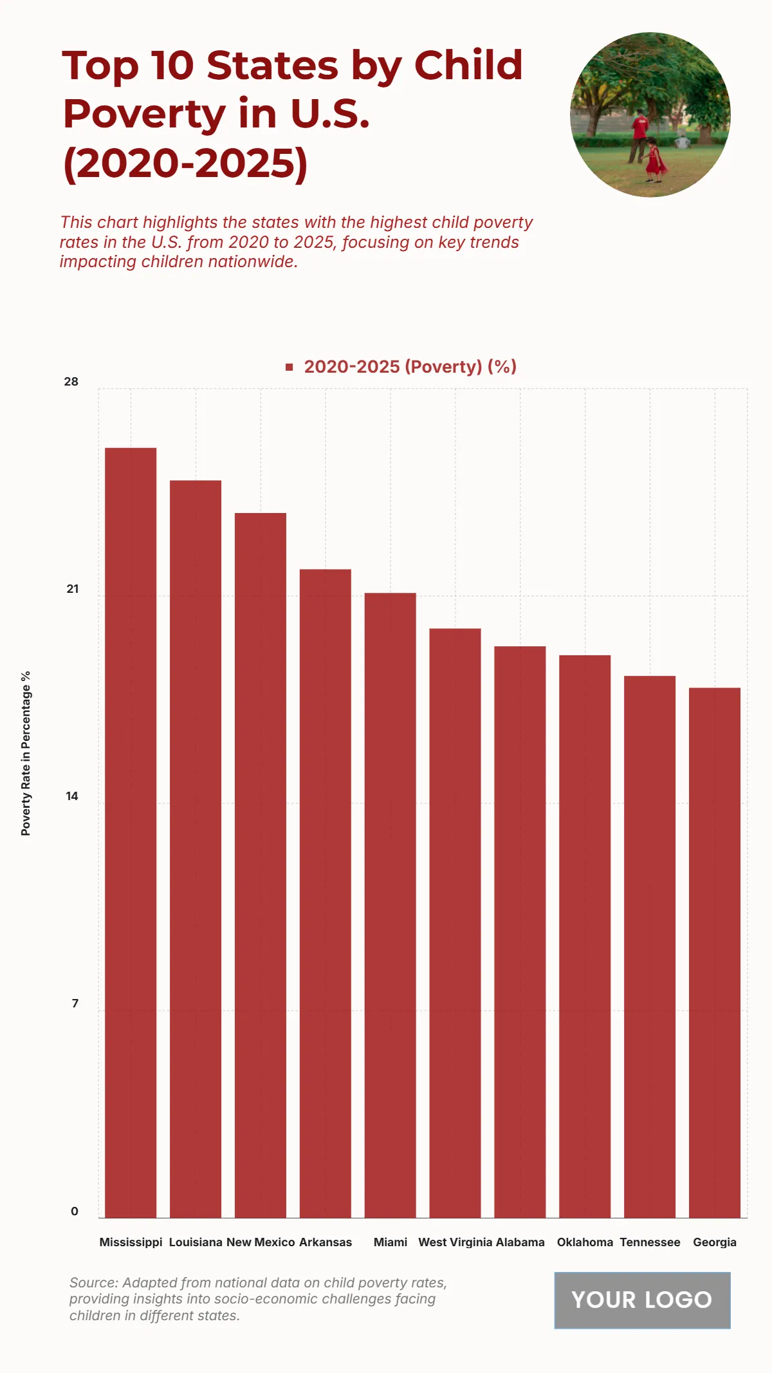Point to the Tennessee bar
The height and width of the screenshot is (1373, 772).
pyautogui.click(x=650, y=946)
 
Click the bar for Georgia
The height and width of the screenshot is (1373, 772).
pyautogui.click(x=715, y=952)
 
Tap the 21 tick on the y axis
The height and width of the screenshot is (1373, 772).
pyautogui.click(x=72, y=589)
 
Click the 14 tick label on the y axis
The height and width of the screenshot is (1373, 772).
pyautogui.click(x=72, y=796)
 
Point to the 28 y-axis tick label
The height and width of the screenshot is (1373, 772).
pyautogui.click(x=71, y=382)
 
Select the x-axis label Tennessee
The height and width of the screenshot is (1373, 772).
pyautogui.click(x=650, y=1242)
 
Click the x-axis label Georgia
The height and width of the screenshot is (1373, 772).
pyautogui.click(x=715, y=1242)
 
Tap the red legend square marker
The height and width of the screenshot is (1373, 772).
pyautogui.click(x=289, y=367)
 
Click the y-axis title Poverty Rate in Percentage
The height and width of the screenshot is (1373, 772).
pyautogui.click(x=26, y=753)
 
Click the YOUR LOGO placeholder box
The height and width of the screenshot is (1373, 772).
pyautogui.click(x=642, y=1300)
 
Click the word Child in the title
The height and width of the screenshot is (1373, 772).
pyautogui.click(x=468, y=66)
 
